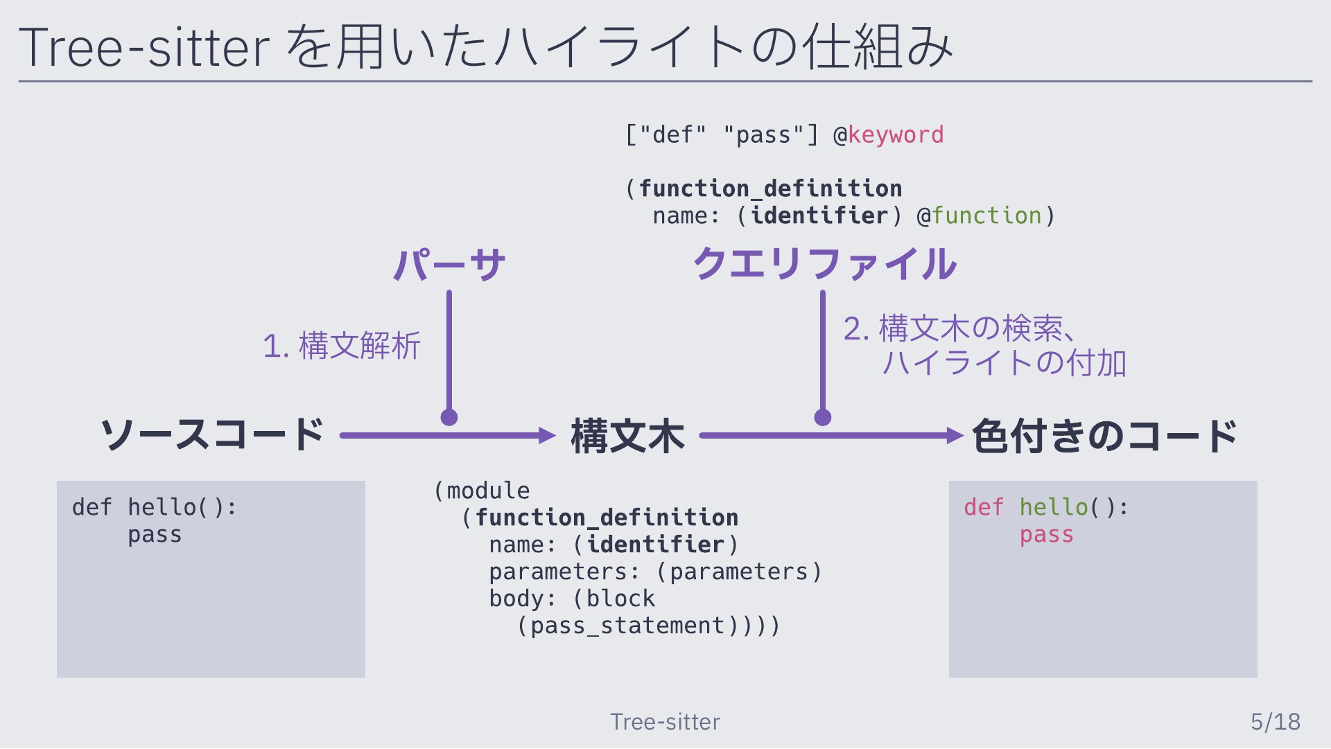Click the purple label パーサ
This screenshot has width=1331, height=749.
tap(449, 265)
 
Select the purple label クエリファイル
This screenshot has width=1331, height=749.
tap(825, 264)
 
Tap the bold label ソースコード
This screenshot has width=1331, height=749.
tap(212, 435)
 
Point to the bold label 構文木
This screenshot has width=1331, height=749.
tap(628, 436)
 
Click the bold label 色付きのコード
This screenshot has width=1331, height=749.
tap(1105, 436)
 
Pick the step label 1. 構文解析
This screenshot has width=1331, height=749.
tap(342, 346)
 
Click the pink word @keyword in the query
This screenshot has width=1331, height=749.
tap(889, 134)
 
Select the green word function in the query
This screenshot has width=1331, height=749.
tap(986, 215)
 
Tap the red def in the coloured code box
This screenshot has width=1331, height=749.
tap(984, 507)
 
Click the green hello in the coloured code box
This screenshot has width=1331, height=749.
tap(1054, 507)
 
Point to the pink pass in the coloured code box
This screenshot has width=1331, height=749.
tap(1047, 535)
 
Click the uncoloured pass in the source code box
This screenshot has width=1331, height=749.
tap(155, 535)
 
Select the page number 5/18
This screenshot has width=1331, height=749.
tap(1276, 722)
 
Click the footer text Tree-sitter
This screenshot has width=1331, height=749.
tap(665, 722)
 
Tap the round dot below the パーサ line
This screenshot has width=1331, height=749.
tap(449, 417)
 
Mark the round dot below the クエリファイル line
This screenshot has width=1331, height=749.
tap(823, 417)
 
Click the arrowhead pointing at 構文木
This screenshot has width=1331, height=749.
tap(548, 436)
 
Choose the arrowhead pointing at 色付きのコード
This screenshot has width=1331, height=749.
tap(955, 436)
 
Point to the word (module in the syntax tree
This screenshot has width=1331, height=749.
tap(482, 491)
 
